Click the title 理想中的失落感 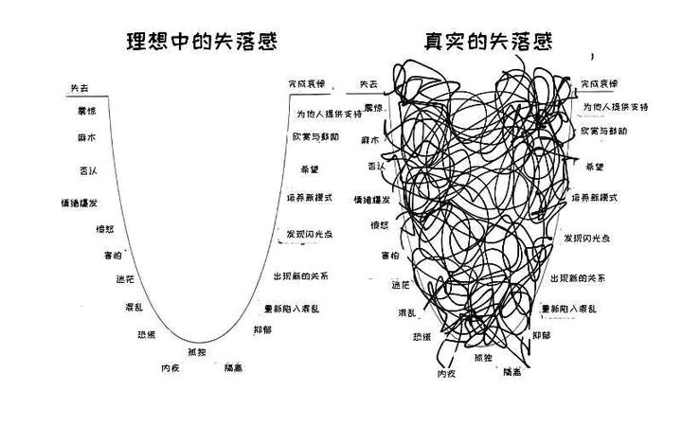(207, 42)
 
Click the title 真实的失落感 (489, 42)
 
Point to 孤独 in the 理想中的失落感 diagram (197, 352)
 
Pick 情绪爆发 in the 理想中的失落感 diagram (80, 203)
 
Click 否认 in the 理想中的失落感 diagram (86, 170)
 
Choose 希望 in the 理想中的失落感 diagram (310, 169)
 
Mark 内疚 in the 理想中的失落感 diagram (170, 368)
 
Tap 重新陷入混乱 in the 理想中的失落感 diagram (292, 309)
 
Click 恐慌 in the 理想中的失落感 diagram (146, 334)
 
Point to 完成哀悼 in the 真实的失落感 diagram (599, 84)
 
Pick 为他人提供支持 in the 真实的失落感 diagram (615, 108)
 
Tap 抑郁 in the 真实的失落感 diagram (541, 335)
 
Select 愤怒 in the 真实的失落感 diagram (380, 224)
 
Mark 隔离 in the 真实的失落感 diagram (511, 371)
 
